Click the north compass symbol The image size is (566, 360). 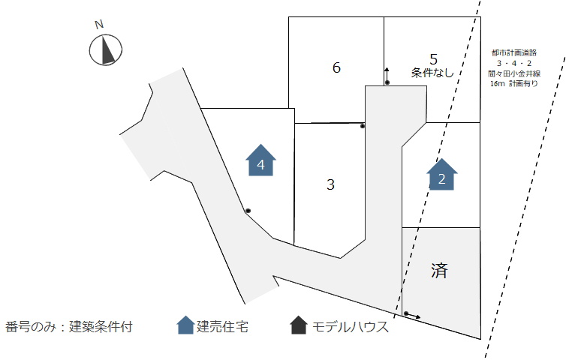tap(106, 50)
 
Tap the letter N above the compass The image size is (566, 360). tap(98, 25)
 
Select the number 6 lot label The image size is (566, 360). tap(336, 68)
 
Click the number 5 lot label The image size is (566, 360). tap(433, 58)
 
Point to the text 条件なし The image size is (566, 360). tap(432, 73)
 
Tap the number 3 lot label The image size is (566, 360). tap(330, 184)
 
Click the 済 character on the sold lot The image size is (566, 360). tap(440, 271)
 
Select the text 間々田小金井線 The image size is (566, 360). tap(515, 74)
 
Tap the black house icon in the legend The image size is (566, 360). tap(298, 325)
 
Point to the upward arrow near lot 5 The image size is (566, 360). tap(387, 73)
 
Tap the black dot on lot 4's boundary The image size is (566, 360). tap(248, 211)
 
